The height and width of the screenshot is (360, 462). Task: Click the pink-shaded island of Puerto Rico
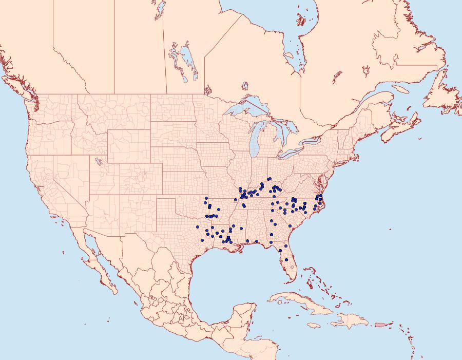coord(380,324)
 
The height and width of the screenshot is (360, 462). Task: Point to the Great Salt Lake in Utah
coord(97,162)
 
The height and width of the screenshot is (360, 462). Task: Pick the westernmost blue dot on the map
coord(198,226)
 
